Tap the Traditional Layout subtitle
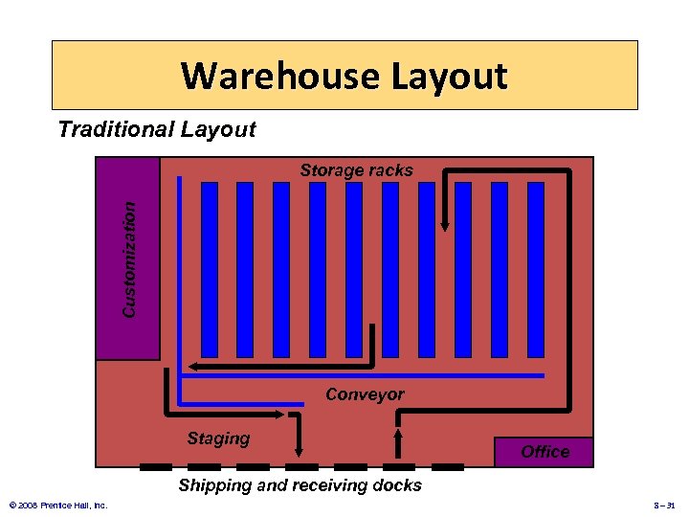click(x=157, y=129)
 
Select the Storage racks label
click(x=356, y=170)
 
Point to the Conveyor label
click(x=365, y=394)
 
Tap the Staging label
click(x=218, y=438)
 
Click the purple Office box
click(x=545, y=452)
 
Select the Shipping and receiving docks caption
click(x=300, y=485)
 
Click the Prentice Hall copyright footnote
click(x=57, y=505)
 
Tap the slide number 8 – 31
click(x=664, y=505)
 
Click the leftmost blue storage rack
click(x=210, y=269)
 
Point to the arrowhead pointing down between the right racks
click(x=445, y=225)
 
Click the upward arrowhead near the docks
click(x=398, y=436)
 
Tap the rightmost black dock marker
click(x=448, y=467)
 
